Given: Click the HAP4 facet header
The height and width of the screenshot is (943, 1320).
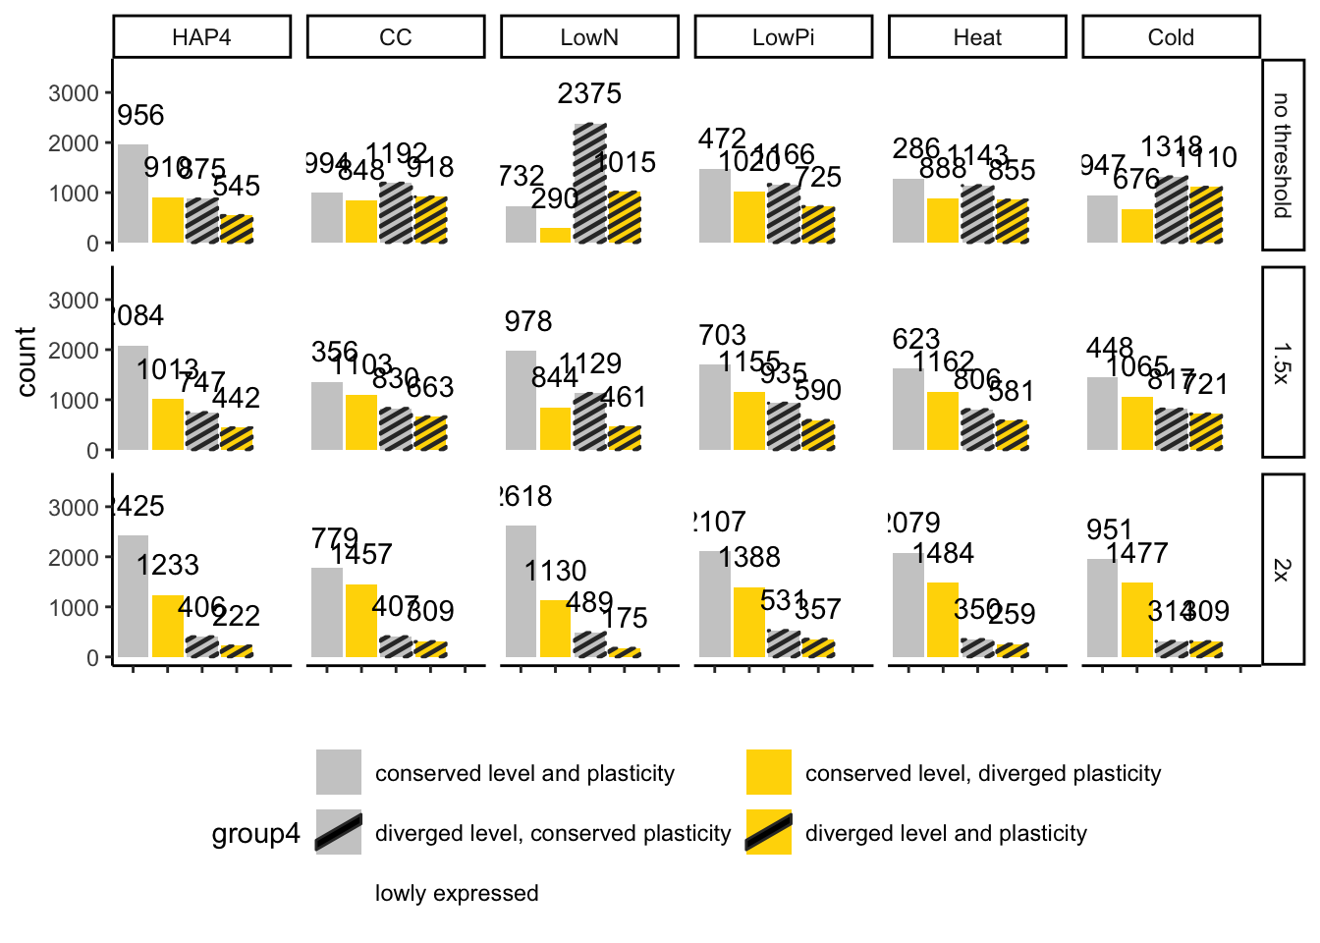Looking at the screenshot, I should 201,37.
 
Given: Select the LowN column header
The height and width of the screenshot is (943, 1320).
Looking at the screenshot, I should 589,37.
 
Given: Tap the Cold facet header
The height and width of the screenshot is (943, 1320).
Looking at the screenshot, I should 1171,37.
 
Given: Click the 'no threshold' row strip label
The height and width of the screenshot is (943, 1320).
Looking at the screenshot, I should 1282,155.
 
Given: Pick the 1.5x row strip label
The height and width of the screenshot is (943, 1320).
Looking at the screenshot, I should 1282,362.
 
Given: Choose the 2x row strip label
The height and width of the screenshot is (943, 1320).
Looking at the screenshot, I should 1282,570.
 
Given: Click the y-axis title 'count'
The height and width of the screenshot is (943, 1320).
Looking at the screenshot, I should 27,362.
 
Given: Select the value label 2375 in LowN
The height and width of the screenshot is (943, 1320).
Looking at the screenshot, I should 589,93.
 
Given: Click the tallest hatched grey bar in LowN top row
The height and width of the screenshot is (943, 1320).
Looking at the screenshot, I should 589,184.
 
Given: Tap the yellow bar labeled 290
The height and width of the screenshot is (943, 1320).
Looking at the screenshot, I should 555,235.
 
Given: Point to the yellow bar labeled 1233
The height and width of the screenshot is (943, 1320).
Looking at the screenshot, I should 168,626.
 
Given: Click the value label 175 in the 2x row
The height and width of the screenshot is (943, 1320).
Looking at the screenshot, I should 625,618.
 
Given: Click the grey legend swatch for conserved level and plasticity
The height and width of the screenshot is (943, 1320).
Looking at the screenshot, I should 339,772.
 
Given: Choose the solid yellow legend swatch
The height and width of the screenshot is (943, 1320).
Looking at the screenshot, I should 769,772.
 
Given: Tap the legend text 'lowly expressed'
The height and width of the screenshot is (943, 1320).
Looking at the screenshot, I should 457,893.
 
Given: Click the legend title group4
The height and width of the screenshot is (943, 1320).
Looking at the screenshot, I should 255,834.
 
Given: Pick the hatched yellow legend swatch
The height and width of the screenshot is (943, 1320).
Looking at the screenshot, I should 769,832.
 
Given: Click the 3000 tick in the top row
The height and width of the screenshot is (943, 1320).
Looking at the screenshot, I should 75,93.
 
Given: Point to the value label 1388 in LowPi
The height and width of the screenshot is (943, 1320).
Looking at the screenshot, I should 749,558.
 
